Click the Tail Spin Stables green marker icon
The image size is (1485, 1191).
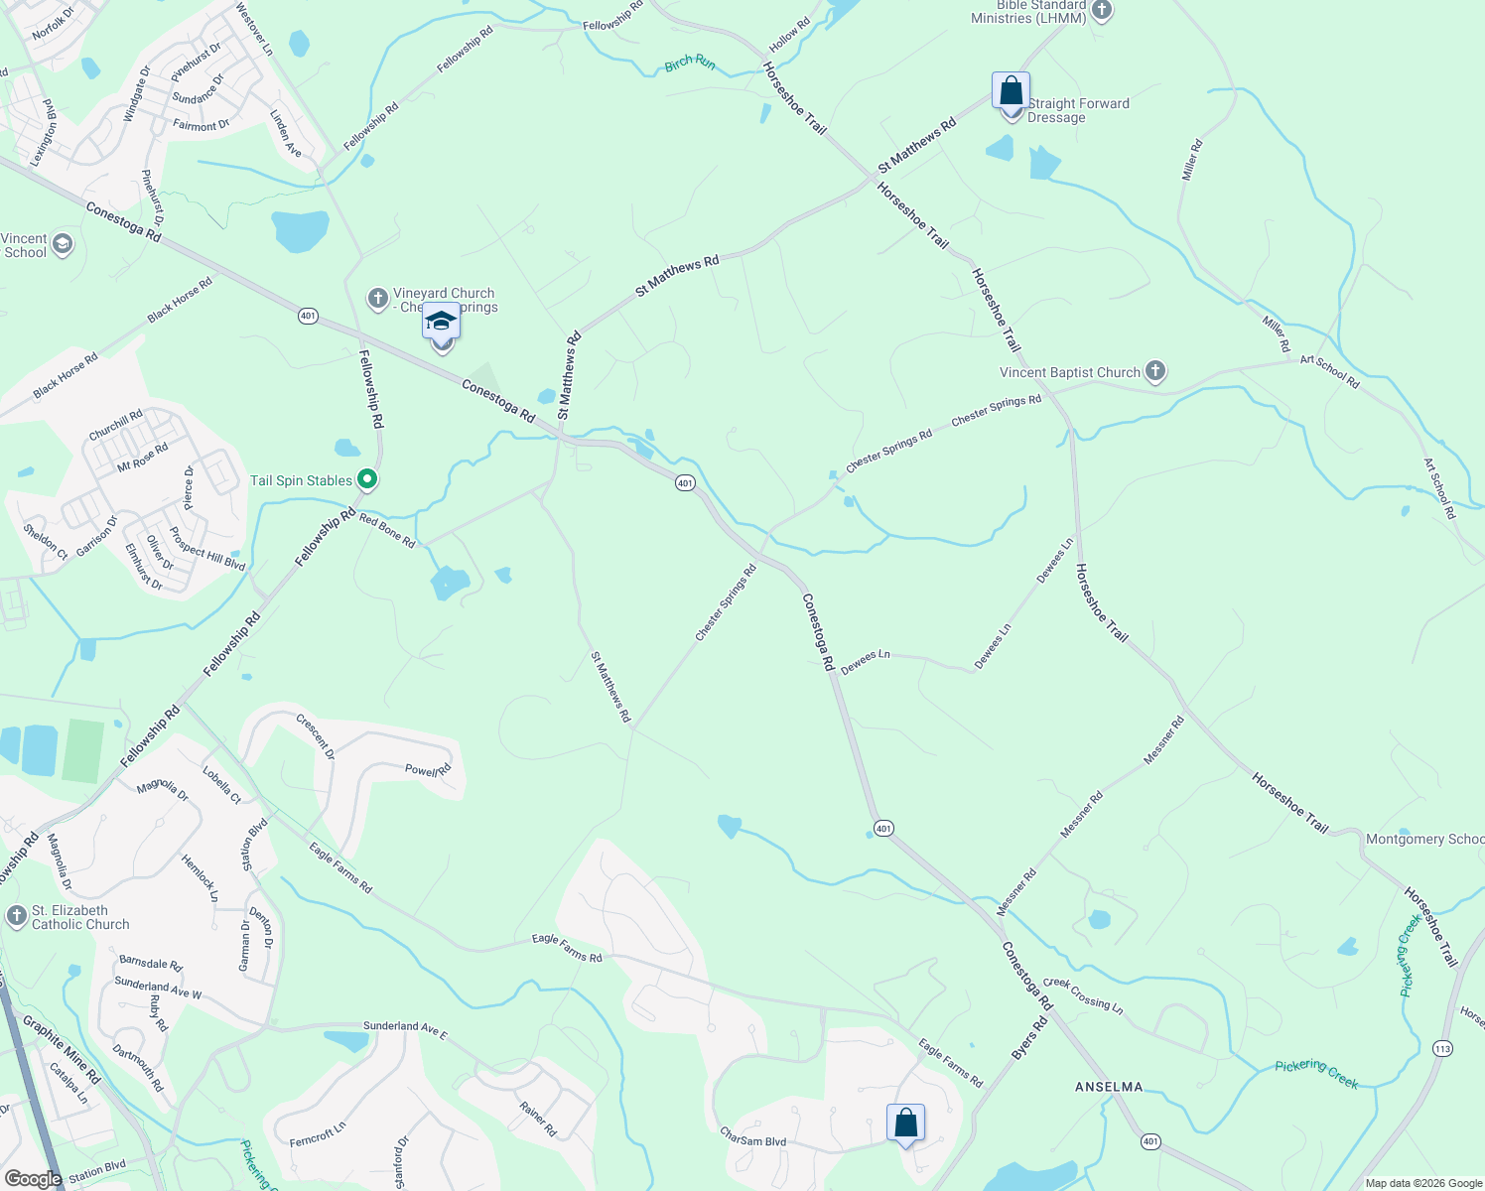(367, 480)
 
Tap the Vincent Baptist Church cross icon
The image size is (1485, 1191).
(1154, 372)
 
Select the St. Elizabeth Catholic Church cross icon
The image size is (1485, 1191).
(16, 916)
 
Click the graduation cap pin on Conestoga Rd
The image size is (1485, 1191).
(442, 325)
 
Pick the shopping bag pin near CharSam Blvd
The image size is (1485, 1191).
(905, 1124)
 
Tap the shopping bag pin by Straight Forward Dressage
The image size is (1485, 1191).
(1011, 92)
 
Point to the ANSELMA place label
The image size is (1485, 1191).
(1109, 1087)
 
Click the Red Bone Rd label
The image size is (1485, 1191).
(387, 531)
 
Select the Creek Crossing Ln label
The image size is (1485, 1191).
(1083, 995)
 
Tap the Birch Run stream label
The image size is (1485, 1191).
(690, 64)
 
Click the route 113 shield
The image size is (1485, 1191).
(1442, 1048)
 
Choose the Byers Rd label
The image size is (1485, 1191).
(1029, 1038)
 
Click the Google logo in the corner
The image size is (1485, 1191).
(33, 1178)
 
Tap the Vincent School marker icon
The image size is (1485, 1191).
(63, 244)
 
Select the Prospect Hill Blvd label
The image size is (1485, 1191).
(207, 549)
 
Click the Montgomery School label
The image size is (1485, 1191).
(1424, 839)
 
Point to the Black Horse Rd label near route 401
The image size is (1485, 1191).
(180, 300)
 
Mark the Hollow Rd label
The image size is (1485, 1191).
(790, 36)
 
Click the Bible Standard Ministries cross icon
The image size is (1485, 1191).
(1101, 11)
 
